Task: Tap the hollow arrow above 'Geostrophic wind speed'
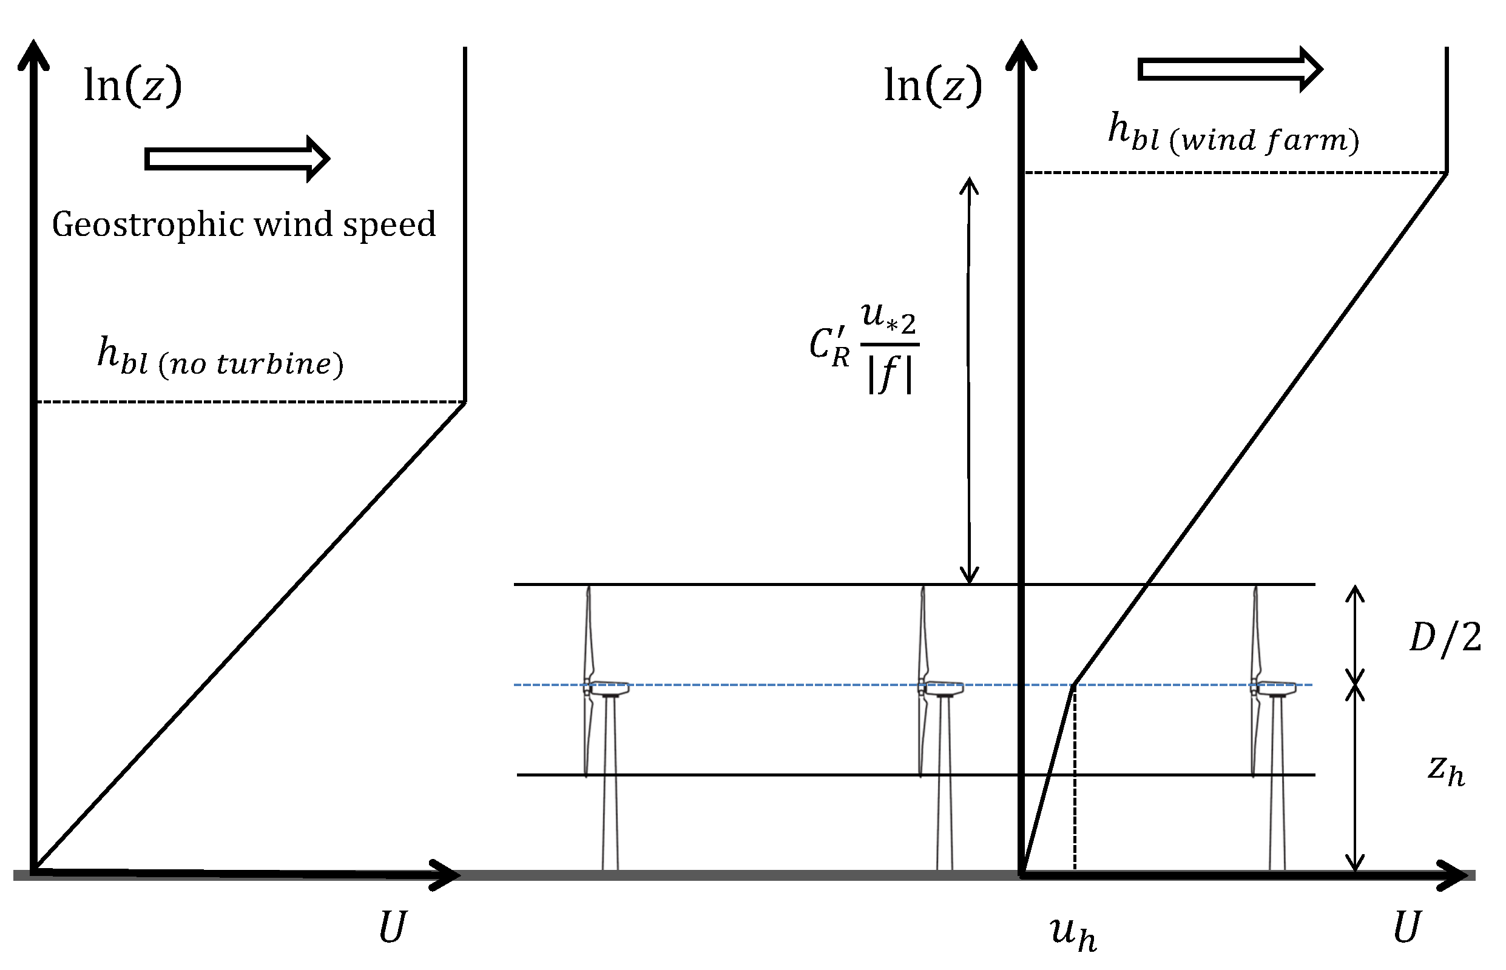(x=237, y=159)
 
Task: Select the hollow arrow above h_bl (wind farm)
(x=1229, y=69)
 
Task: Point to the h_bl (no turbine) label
(x=220, y=357)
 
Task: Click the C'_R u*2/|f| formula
(x=864, y=348)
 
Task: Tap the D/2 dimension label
(x=1445, y=638)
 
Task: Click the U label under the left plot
(x=393, y=927)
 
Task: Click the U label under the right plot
(x=1406, y=927)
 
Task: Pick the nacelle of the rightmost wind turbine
(x=1276, y=688)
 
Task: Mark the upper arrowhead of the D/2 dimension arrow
(x=1355, y=592)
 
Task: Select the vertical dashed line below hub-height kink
(x=1075, y=781)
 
